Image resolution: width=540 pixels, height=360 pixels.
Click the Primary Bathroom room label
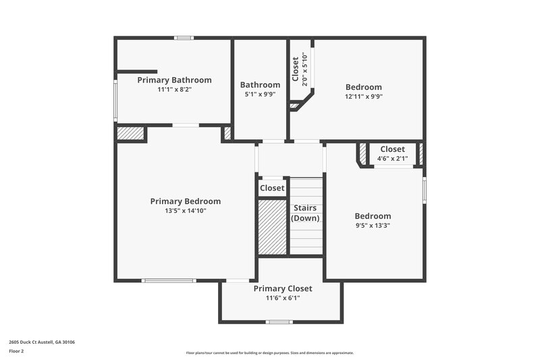coord(174,80)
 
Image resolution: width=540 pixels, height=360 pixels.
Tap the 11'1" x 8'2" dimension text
coord(174,89)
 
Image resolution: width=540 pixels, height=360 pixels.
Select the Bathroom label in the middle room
coord(260,84)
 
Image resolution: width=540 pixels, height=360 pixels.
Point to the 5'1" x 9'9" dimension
coord(260,95)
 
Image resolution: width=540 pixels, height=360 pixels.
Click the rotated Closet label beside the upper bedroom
coord(296,70)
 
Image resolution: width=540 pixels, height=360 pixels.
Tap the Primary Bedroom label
coord(185,201)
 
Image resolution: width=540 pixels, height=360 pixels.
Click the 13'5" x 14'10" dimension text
coord(185,211)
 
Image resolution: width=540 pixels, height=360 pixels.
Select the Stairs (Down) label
coord(305,213)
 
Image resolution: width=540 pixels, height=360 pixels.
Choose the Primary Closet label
coord(283,288)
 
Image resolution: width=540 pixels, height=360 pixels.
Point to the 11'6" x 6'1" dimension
coord(283,298)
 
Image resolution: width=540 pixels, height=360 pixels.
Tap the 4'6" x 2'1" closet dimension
coord(392,159)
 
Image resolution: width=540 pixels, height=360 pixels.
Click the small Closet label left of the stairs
coord(272,188)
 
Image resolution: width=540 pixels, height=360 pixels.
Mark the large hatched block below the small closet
coord(273,226)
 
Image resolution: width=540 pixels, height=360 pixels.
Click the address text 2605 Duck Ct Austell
coord(42,342)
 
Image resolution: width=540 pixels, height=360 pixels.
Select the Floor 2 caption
coord(17,351)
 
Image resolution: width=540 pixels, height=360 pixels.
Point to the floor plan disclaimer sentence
coord(269,353)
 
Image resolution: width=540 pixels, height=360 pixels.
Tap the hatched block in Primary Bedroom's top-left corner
coord(130,133)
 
